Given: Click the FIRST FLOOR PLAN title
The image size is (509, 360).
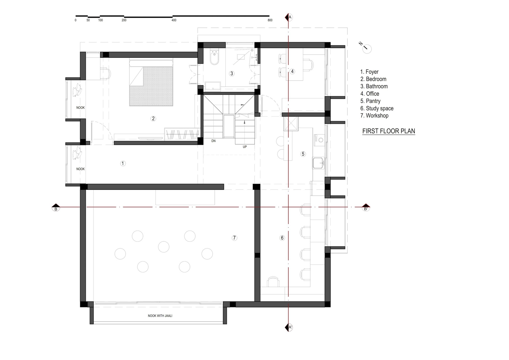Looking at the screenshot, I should pos(388,131).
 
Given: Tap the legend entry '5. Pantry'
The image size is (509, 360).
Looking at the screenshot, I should pos(370,101).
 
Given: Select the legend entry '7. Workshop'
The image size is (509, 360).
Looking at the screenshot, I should pos(374,116).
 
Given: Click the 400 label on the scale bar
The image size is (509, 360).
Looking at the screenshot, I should pos(174,20).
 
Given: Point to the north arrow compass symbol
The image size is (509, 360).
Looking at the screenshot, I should pos(367,49).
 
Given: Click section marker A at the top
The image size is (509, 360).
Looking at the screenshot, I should pos(289,17).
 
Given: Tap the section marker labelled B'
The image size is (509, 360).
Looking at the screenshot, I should pos(366,208).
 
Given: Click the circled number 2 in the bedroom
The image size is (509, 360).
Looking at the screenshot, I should pos(153,118).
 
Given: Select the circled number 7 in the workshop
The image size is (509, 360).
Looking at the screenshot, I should pos(234,238).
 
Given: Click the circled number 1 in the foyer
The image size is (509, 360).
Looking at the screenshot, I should pos(123,163).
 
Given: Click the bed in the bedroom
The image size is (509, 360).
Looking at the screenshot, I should pos(151,83).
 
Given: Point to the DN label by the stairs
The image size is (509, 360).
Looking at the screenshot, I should pos(213,141).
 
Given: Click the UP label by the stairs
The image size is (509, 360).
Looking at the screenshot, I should pos(245,147).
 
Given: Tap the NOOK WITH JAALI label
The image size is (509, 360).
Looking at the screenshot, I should pos(160,316).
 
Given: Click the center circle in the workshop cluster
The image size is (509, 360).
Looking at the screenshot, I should pos(164,247).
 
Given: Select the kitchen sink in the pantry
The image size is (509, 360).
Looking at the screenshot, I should pos(318,163).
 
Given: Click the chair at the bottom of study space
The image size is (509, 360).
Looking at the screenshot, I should pos(273,282).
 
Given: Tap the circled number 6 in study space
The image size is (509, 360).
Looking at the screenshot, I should pos(282,238).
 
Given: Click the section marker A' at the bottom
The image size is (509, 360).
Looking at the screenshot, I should pos(289,327).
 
